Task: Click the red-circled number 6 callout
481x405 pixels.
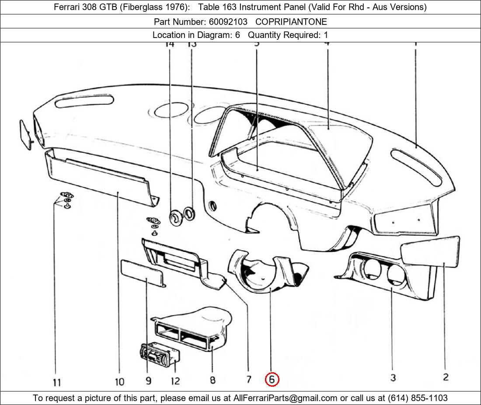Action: [x=272, y=379]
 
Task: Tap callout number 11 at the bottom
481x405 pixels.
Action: [x=57, y=383]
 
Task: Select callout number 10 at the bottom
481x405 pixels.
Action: [x=119, y=382]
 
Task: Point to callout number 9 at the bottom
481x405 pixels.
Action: [x=149, y=381]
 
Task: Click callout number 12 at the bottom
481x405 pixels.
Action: [x=175, y=381]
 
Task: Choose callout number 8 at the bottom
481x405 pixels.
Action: [x=213, y=380]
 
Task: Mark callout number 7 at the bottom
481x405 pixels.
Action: [x=248, y=379]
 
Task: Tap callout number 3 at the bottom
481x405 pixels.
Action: [x=393, y=378]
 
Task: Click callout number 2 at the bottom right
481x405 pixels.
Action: [x=445, y=377]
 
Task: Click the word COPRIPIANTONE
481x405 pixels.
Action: [x=291, y=21]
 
